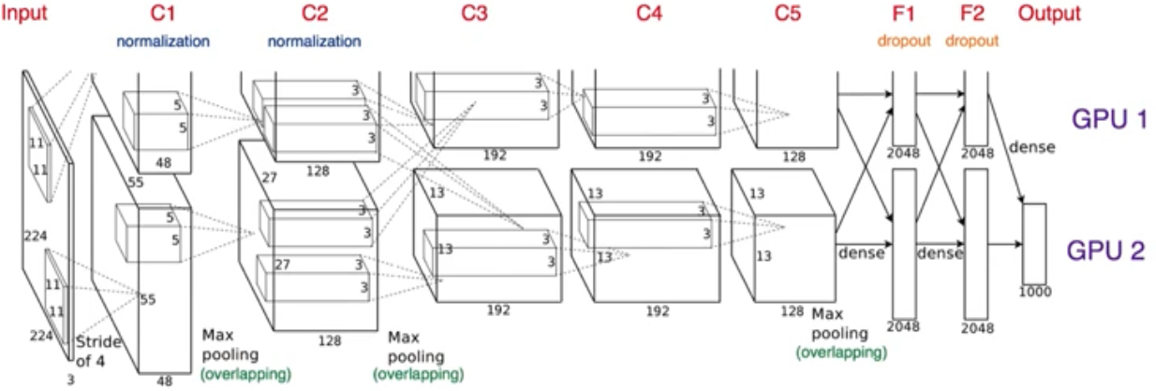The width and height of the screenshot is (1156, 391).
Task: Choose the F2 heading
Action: [972, 13]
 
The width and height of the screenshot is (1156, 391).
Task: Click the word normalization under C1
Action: [162, 41]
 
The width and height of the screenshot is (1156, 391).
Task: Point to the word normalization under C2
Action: [314, 41]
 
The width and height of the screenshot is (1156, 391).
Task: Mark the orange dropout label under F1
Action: [905, 41]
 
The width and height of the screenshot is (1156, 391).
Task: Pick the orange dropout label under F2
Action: [972, 41]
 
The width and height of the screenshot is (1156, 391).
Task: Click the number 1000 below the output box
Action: [1034, 292]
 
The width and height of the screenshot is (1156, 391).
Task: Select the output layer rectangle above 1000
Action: [1033, 242]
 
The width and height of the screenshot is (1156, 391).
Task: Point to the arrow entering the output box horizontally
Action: [1004, 244]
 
